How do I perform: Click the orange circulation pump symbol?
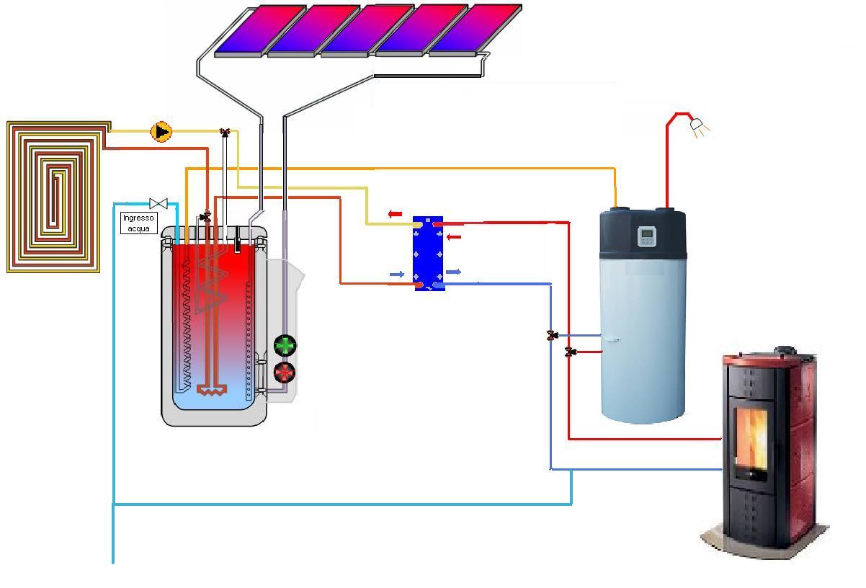point(161,132)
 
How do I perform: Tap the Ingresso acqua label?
point(138,223)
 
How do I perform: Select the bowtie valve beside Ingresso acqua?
point(159,204)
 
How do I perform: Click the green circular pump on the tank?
point(285,347)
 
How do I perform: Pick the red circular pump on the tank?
point(285,373)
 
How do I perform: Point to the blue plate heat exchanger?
point(428,254)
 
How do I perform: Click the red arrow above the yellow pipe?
point(395,214)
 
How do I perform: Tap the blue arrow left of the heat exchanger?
point(396,275)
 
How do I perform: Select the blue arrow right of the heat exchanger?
point(453,272)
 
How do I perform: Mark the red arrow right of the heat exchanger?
point(454,236)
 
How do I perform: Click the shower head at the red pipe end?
point(698,126)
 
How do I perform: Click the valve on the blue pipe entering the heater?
point(552,335)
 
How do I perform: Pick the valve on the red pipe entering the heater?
point(569,352)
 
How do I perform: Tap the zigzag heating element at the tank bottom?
point(213,391)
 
